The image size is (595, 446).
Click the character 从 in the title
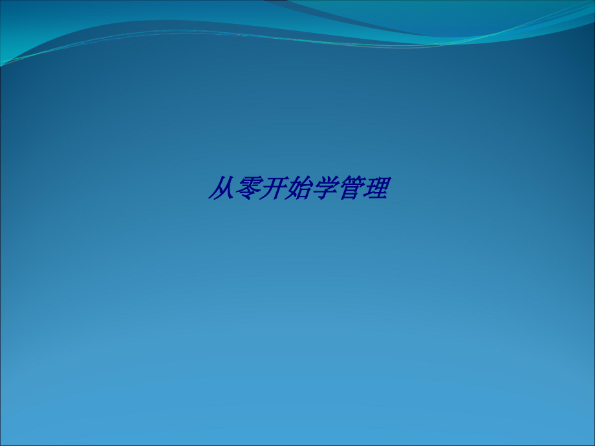coord(221,189)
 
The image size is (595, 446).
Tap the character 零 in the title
coord(246,189)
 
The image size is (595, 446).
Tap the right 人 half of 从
coord(226,189)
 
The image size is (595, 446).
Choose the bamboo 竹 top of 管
coord(351,181)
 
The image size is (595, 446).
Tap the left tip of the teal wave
coord(4,63)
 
